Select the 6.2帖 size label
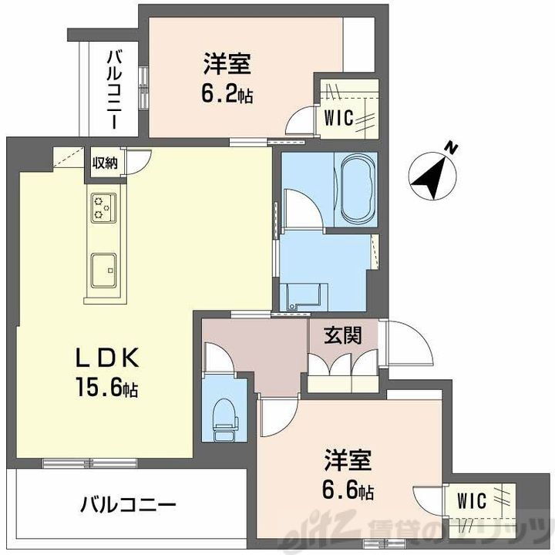224,95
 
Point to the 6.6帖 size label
348,491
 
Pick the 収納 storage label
106,163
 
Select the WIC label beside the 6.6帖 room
472,501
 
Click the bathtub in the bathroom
355,188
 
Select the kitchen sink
103,270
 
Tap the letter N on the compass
454,147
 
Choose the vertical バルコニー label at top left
114,89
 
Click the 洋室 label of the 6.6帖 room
348,461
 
